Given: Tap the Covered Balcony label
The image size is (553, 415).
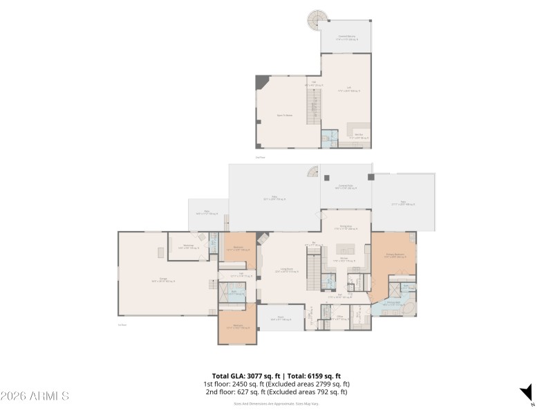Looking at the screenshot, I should (x=346, y=37).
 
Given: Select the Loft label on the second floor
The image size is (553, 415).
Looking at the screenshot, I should (x=349, y=89).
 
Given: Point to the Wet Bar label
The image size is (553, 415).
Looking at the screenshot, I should (x=359, y=136).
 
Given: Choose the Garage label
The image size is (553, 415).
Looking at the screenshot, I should (x=163, y=280).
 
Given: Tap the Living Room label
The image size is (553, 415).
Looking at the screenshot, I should (x=285, y=270).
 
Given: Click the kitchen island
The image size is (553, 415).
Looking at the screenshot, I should (x=346, y=248).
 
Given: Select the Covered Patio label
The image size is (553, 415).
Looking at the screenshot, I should (x=346, y=187).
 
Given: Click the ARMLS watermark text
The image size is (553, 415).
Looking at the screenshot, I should (x=35, y=396).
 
